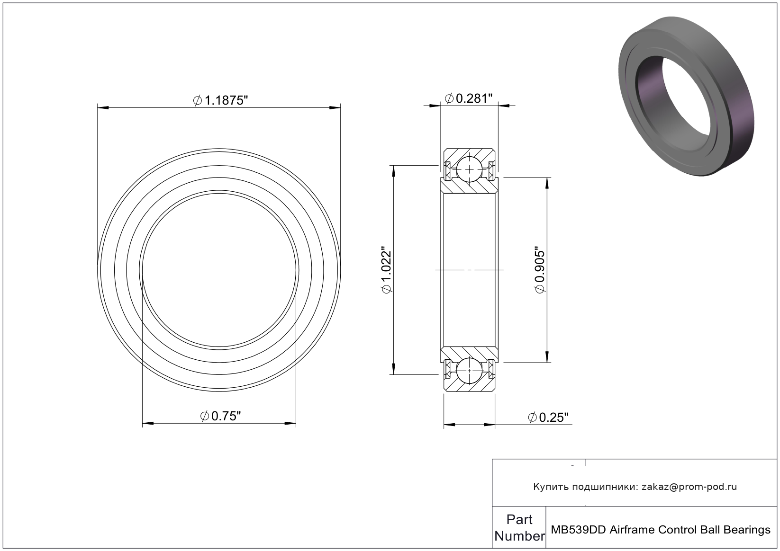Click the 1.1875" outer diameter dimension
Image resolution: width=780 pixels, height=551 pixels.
(220, 100)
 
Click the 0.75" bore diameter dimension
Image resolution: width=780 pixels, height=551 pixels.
(220, 416)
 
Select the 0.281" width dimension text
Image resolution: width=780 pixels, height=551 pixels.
(469, 99)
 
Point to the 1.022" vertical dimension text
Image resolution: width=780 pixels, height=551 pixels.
(387, 270)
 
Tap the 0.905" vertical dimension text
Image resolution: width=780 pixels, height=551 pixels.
(540, 270)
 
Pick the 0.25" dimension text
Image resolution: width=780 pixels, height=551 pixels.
(548, 418)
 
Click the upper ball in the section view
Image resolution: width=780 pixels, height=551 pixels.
(470, 169)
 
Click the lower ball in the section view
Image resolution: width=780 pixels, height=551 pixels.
(470, 371)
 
